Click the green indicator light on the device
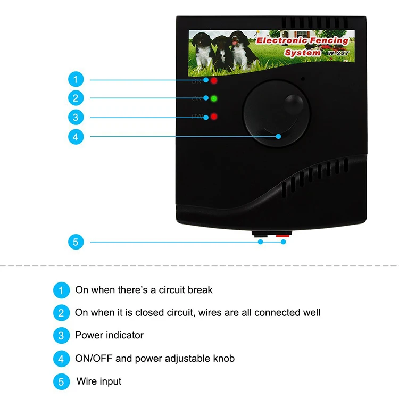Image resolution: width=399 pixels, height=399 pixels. click(213, 98)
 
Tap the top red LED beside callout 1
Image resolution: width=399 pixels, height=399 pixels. click(213, 81)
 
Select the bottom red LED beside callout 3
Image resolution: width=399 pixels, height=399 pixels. click(213, 117)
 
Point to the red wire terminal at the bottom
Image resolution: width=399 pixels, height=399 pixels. click(281, 235)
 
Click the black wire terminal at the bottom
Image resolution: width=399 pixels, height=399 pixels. click(261, 235)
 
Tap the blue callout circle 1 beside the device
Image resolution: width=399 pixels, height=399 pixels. click(76, 80)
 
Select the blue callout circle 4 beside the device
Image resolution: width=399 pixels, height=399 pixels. click(76, 136)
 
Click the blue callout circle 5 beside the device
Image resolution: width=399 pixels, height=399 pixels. click(76, 242)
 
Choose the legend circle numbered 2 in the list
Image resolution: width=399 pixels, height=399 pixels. click(61, 313)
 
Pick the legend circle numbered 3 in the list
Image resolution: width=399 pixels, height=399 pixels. click(61, 336)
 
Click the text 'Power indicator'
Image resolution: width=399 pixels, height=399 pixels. click(109, 335)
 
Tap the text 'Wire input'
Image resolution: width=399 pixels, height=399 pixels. click(99, 381)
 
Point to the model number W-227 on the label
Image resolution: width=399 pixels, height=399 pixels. click(336, 53)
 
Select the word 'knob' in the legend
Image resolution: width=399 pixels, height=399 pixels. click(224, 358)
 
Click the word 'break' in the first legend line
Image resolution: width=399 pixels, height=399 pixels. click(201, 290)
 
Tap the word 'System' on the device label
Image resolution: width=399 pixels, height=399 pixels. click(302, 53)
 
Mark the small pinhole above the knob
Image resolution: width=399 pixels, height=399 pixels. click(303, 79)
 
